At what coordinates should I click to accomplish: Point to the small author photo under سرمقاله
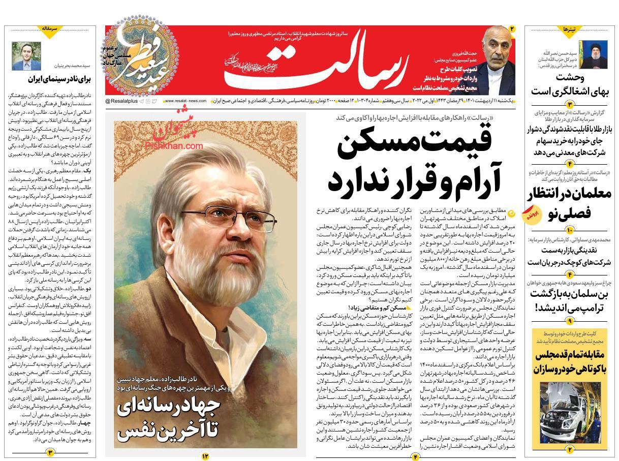26,56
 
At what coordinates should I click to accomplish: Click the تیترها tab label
569,30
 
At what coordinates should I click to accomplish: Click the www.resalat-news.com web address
184,101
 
